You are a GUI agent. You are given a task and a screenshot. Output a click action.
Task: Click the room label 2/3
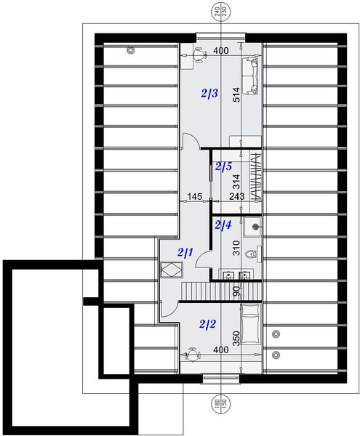(209, 94)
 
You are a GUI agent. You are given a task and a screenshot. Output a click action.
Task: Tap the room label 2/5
(223, 166)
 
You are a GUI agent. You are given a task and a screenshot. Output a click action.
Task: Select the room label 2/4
(223, 225)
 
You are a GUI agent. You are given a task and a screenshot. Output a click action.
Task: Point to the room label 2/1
(185, 252)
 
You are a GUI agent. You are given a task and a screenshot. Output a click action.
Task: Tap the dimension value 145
(194, 196)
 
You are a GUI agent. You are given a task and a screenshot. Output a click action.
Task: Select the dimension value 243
(237, 196)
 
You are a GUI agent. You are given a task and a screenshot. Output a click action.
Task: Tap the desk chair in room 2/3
(199, 54)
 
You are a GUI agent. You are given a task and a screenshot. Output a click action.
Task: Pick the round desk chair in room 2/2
(192, 355)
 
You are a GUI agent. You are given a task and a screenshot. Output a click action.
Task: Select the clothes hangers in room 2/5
(255, 174)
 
